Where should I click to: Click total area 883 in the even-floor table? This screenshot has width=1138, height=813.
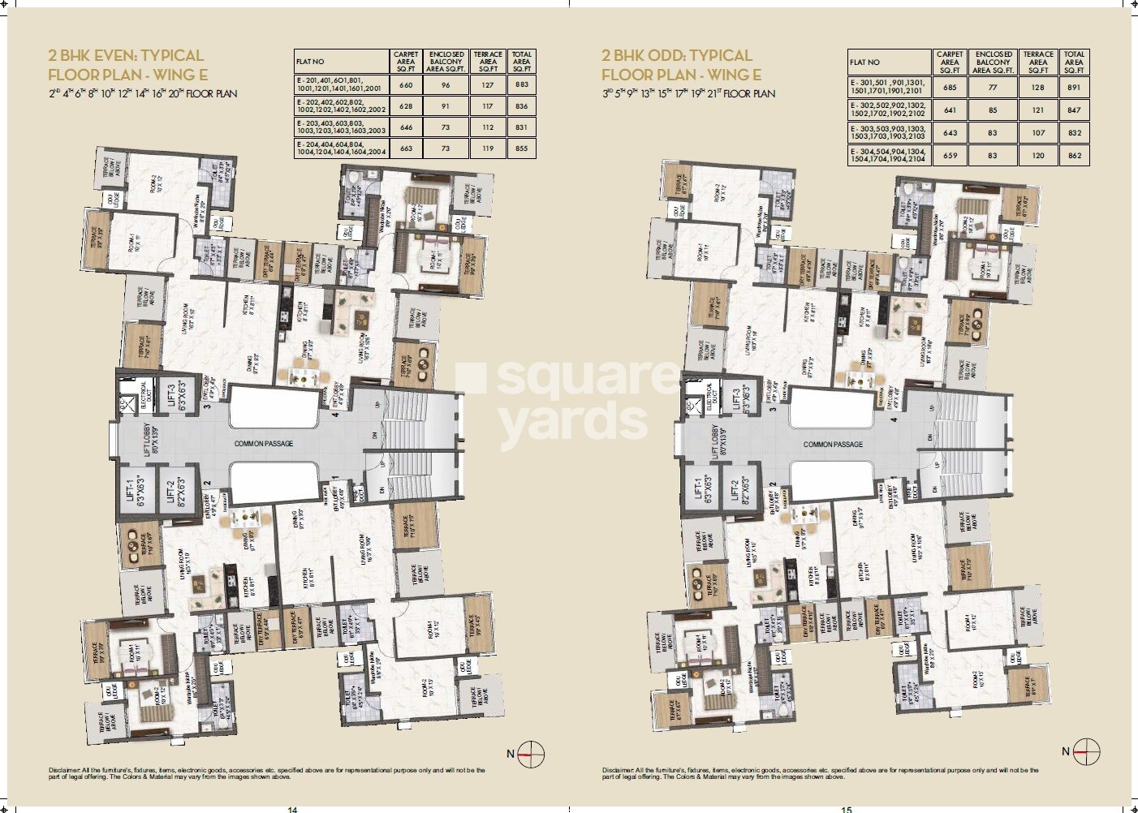point(522,84)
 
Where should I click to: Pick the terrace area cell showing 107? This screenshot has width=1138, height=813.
point(1038,132)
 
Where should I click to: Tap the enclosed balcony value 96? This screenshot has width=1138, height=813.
point(446,84)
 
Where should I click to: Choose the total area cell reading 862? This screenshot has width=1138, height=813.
point(1074,155)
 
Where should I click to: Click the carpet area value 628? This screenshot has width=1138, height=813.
point(407,105)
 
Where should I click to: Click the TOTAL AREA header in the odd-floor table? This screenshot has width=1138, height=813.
point(1074,62)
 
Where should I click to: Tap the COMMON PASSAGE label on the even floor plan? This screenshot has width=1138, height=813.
point(264,444)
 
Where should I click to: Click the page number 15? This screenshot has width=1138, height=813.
point(847,808)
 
